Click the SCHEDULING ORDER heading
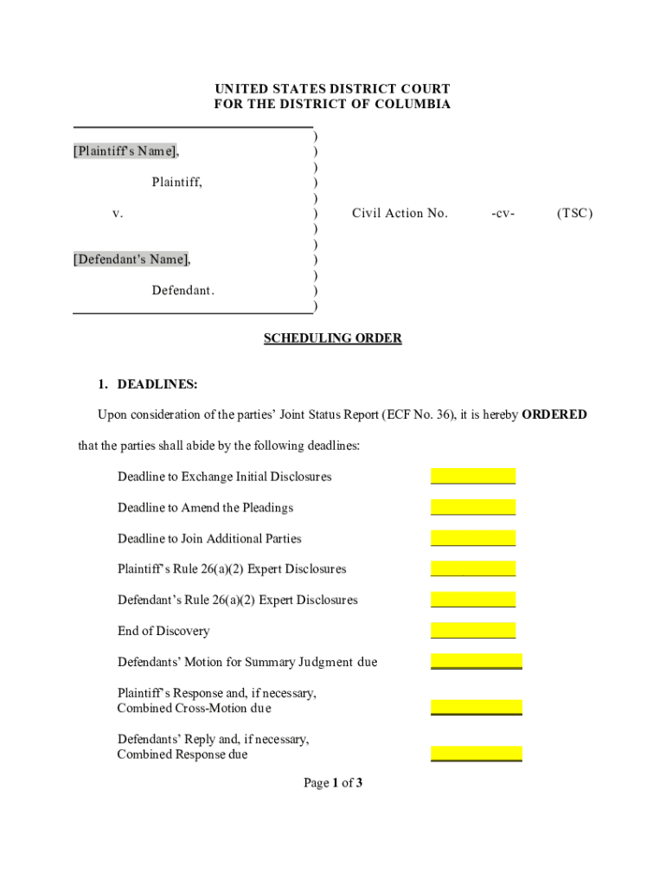[332, 338]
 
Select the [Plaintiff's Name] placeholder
[125, 151]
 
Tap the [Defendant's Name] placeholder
[131, 259]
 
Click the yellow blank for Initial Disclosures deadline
[473, 476]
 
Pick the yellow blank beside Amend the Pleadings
[473, 507]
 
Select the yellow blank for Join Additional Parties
[473, 538]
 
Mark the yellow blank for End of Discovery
[473, 631]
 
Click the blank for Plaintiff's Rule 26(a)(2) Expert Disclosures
[473, 568]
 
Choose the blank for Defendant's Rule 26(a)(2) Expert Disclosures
[473, 600]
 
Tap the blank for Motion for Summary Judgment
[477, 662]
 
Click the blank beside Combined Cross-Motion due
[477, 708]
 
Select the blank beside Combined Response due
[477, 754]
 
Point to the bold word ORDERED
[554, 414]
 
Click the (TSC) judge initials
[575, 213]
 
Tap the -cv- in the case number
[503, 213]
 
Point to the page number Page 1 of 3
[332, 783]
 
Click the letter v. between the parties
[118, 213]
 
